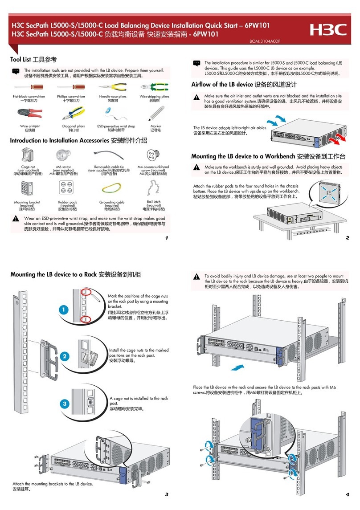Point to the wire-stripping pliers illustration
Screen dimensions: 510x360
pyautogui.click(x=154, y=87)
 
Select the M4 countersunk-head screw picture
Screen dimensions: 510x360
pyautogui.click(x=153, y=155)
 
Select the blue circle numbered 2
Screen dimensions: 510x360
pyautogui.click(x=64, y=356)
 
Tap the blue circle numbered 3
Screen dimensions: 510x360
pyautogui.click(x=64, y=403)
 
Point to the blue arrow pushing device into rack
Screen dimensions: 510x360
pyautogui.click(x=239, y=367)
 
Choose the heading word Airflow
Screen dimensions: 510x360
pyautogui.click(x=203, y=84)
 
